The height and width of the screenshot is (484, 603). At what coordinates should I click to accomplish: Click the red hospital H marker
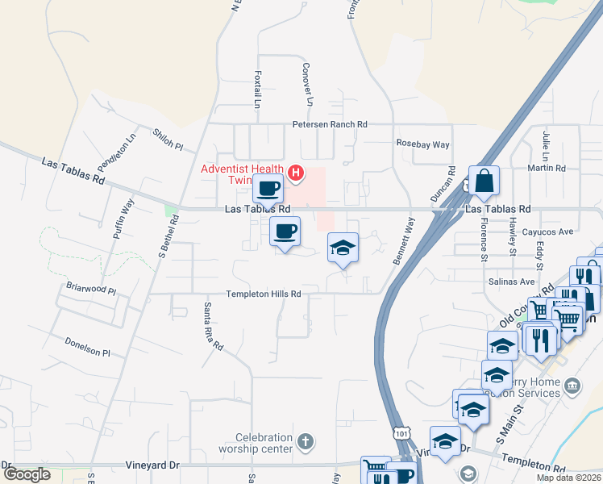pos(296,172)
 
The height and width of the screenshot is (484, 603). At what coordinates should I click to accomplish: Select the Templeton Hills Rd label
pos(263,294)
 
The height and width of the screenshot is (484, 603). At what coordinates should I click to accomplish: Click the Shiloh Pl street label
pos(168,139)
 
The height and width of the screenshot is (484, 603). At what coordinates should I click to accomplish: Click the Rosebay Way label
pos(422,144)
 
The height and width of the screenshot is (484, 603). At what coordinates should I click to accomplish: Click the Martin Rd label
pos(547,169)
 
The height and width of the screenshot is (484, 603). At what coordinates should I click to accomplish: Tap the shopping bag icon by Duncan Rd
pos(484,182)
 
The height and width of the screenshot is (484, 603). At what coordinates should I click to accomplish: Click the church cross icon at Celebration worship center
pos(304,441)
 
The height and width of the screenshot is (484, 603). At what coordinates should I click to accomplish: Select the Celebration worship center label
pos(259,442)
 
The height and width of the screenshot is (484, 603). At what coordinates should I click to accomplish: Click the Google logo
pos(27,474)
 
